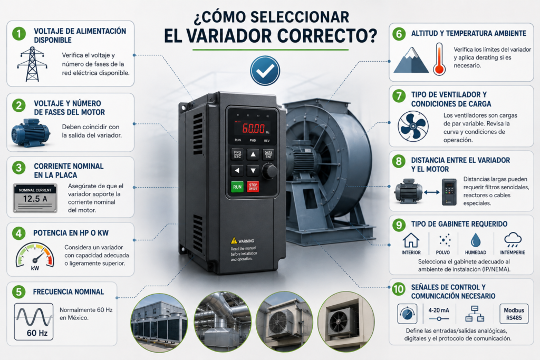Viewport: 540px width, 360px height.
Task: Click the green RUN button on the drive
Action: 237,187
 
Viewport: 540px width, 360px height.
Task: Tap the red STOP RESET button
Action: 253,187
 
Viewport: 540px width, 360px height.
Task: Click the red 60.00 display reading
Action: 254,129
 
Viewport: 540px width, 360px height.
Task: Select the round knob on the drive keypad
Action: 269,171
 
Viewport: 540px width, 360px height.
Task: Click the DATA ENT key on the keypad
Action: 268,154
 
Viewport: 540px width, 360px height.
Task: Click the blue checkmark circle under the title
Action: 265,71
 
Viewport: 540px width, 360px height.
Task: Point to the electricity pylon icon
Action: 32,64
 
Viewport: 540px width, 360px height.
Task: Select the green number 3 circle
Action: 19,168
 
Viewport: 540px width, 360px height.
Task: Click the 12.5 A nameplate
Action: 35,198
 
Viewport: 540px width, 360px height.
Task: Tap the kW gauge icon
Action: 35,256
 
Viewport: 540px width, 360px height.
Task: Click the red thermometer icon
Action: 439,59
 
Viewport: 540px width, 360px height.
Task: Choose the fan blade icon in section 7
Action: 413,127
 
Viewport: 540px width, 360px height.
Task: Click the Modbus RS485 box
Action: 514,314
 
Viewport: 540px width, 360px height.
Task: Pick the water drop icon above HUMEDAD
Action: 476,240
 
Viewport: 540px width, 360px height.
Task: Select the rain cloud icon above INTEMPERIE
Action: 513,239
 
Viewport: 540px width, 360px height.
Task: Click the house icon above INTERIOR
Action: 411,240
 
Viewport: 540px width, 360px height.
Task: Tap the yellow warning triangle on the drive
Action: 234,240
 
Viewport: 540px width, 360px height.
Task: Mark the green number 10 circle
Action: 399,289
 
